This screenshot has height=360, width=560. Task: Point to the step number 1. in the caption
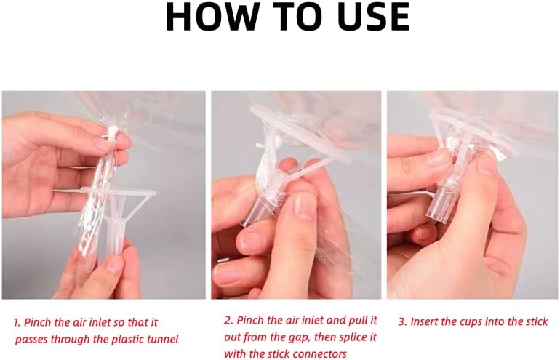19,321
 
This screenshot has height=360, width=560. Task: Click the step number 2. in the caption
228,321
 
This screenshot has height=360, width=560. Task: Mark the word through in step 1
78,339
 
